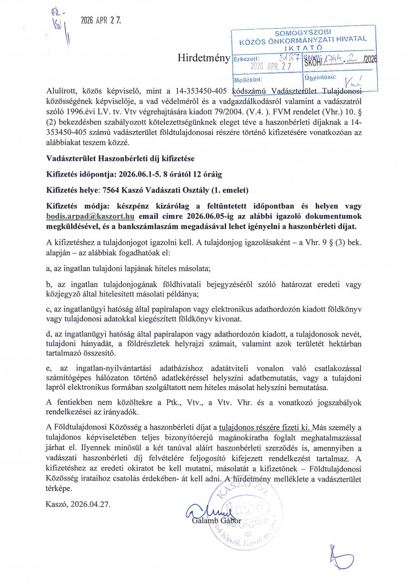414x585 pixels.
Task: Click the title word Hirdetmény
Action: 203,58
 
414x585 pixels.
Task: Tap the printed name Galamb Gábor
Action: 216,521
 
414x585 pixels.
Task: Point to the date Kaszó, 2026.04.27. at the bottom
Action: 78,503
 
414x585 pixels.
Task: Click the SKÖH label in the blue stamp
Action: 314,63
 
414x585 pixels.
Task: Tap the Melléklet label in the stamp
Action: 249,79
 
